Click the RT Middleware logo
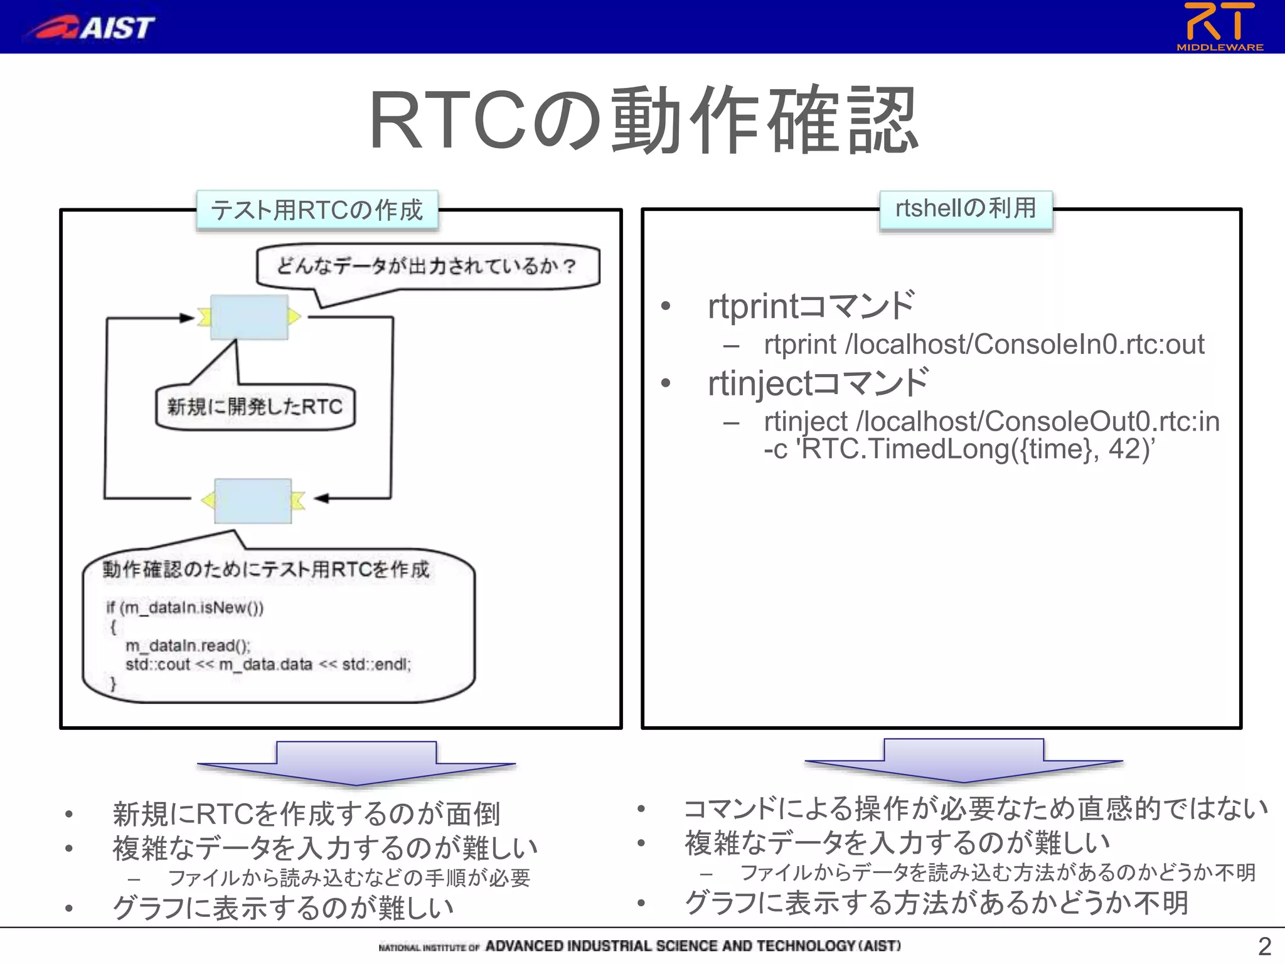[x=1219, y=26]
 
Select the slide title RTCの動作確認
[x=642, y=120]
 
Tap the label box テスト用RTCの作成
[x=317, y=210]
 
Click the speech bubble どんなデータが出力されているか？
[x=427, y=267]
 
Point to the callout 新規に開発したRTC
[x=255, y=407]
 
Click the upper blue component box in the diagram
[x=249, y=317]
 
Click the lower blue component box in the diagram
[x=253, y=500]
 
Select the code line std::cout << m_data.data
[x=268, y=665]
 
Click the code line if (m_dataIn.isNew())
[x=184, y=608]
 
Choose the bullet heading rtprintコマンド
[x=811, y=306]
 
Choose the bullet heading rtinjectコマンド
[x=818, y=383]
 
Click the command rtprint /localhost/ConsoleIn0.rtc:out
[x=984, y=345]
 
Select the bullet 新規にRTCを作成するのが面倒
[x=306, y=814]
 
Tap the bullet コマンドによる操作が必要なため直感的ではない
[x=976, y=808]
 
